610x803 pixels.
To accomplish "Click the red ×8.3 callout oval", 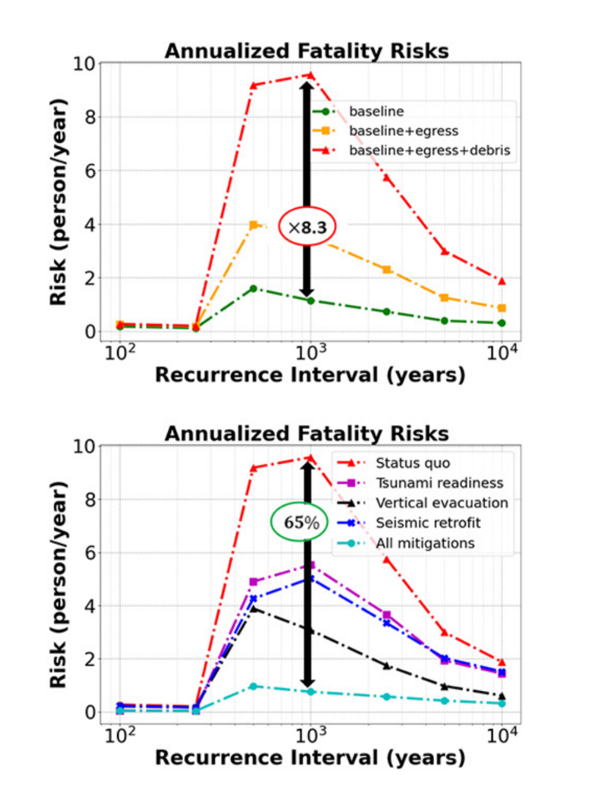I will (x=307, y=227).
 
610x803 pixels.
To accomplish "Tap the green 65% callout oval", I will (x=299, y=522).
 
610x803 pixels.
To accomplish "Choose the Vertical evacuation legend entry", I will (x=442, y=503).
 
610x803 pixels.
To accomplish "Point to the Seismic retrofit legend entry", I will (x=428, y=523).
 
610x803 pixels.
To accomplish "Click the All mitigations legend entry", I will (x=425, y=544).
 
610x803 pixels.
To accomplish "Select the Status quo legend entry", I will (x=413, y=463).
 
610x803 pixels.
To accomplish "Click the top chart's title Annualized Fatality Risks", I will (x=307, y=51).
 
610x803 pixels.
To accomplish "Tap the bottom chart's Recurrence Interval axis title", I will (x=310, y=758).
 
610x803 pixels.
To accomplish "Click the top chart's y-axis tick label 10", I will (x=84, y=64).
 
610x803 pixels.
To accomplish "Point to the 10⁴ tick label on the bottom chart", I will (x=502, y=737).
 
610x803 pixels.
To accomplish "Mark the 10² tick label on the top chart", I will (x=120, y=354).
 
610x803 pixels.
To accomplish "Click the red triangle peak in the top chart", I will (x=311, y=75).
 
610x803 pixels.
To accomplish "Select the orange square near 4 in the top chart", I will (x=253, y=225).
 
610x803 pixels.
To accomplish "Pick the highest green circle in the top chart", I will (x=253, y=288).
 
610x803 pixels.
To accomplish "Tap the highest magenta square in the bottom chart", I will (x=311, y=565).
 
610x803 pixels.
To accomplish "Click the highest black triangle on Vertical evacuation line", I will (x=253, y=609).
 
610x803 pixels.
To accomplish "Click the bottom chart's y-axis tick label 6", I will (x=90, y=553).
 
